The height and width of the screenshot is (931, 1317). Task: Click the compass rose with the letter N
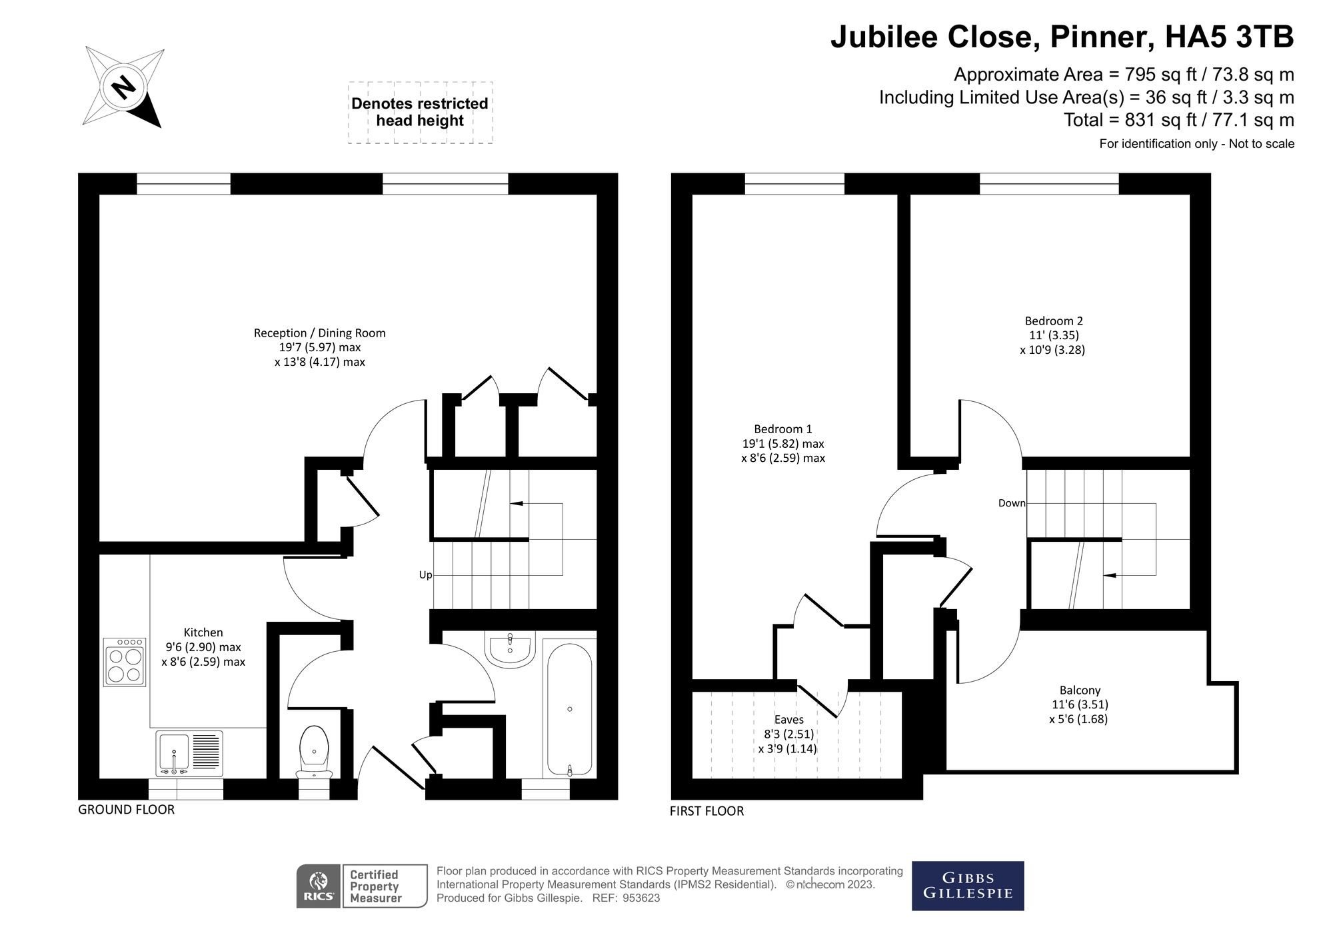click(123, 87)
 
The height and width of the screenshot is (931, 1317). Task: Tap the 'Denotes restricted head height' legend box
click(420, 113)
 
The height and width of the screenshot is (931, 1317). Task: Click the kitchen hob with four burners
click(124, 662)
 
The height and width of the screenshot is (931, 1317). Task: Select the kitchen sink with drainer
click(189, 753)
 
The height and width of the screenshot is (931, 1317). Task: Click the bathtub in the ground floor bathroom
click(569, 709)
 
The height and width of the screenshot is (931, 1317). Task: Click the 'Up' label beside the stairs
click(425, 575)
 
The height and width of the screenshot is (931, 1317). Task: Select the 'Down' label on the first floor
click(1011, 503)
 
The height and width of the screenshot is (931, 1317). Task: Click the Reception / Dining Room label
click(319, 333)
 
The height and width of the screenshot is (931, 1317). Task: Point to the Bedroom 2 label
click(1054, 321)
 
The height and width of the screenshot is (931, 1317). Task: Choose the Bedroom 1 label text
click(782, 429)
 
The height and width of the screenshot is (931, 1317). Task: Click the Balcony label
click(1080, 690)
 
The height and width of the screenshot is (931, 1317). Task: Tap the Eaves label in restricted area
click(788, 720)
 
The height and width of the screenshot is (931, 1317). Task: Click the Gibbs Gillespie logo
click(967, 886)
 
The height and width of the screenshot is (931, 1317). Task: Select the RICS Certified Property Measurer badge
click(361, 886)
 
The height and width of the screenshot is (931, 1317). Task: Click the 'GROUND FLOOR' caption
click(126, 810)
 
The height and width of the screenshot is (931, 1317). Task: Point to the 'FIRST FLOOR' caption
click(706, 811)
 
